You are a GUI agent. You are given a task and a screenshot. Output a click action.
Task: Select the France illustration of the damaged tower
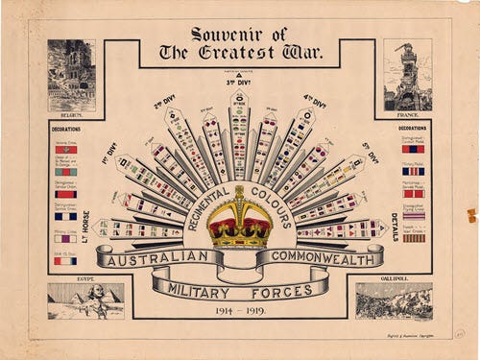[407, 74]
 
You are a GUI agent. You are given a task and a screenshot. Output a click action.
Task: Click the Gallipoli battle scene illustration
[394, 300]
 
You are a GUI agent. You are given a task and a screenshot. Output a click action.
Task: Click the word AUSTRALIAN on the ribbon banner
[156, 258]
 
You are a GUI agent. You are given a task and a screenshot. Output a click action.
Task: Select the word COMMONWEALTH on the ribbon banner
[318, 257]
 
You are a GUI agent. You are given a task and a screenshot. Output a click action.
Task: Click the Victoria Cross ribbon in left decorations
[65, 149]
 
